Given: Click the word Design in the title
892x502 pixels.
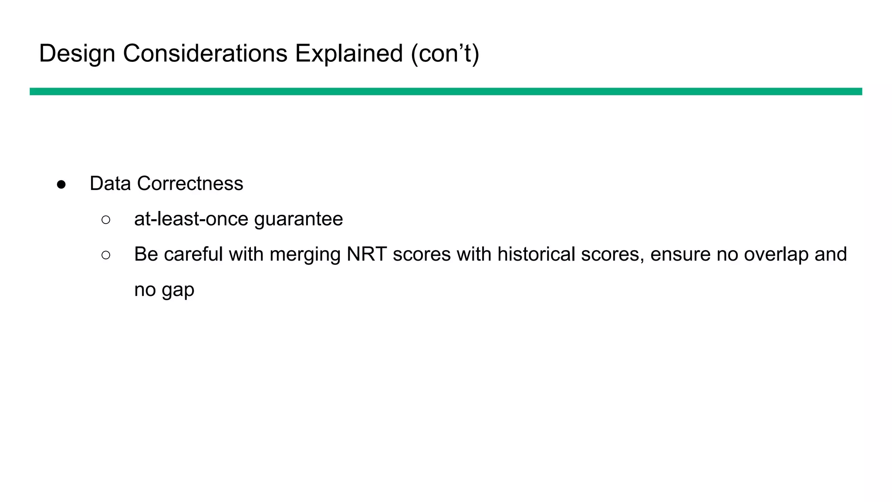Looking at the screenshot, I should pos(77,54).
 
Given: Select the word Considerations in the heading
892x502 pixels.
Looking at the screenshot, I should pos(205,54).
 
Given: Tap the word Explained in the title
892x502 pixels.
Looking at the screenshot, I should pos(349,54).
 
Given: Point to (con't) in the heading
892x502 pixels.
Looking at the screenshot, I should pos(445,54).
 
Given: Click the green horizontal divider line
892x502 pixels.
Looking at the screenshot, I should pos(446,92).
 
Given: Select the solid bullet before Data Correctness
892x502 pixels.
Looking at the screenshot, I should pos(61,184).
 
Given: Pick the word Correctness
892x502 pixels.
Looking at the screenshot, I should pos(190,183).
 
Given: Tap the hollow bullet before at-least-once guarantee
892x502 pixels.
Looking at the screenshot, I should pos(106,220).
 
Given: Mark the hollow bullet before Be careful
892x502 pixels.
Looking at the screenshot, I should pos(106,255).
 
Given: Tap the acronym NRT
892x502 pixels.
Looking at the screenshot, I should pos(367,254).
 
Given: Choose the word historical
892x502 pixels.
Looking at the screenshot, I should pos(536,254).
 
